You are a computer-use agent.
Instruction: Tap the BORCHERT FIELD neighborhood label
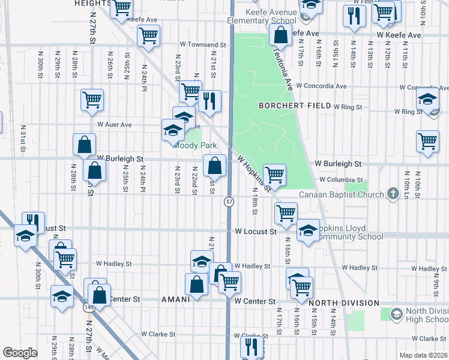pos(295,106)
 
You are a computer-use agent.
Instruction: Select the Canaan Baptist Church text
pos(342,194)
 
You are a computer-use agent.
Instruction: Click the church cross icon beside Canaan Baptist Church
pos(393,193)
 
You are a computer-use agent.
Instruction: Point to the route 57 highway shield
pos(229,202)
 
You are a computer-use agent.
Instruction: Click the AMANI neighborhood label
pos(176,299)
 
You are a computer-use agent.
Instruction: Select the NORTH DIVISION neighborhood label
pos(344,303)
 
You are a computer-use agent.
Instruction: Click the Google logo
pos(20,352)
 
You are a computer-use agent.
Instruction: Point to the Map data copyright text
pos(423,355)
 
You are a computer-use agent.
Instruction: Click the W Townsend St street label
pos(203,44)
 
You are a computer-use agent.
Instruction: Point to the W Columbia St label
pos(341,179)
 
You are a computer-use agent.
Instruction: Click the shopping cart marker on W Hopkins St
pos(274,175)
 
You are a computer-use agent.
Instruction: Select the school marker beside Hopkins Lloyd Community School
pos(308,230)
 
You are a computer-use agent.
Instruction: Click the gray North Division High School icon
pos(396,314)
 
